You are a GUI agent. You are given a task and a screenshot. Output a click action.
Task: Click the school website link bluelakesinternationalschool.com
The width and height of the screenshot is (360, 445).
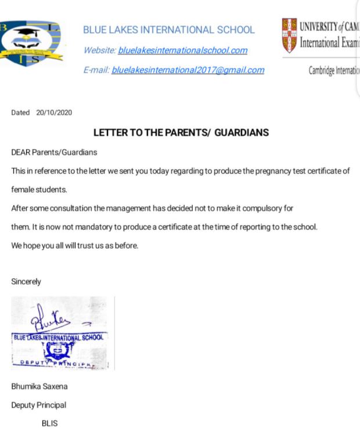[x=182, y=51]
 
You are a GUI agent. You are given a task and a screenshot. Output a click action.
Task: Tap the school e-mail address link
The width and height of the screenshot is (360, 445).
[x=188, y=70]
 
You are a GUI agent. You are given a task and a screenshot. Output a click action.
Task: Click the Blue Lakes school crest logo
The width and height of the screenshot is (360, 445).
[x=31, y=42]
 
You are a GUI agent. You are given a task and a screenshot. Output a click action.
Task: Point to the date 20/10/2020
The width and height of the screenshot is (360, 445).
[x=54, y=113]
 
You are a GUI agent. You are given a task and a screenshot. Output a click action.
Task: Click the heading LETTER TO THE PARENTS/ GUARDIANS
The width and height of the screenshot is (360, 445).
[x=181, y=133]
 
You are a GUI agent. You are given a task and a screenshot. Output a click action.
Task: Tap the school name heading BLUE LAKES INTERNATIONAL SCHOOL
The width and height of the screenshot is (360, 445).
[x=169, y=30]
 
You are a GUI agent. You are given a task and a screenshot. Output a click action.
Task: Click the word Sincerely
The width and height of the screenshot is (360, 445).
[x=26, y=282]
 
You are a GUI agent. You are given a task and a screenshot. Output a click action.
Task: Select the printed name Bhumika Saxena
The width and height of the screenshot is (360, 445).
[x=39, y=386]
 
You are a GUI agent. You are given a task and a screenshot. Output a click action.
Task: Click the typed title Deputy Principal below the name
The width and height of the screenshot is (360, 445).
[x=38, y=405]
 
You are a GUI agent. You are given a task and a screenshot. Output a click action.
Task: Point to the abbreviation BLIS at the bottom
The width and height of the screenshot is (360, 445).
[x=49, y=424]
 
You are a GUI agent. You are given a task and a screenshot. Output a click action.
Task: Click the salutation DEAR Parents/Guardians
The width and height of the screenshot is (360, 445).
[x=54, y=152]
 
